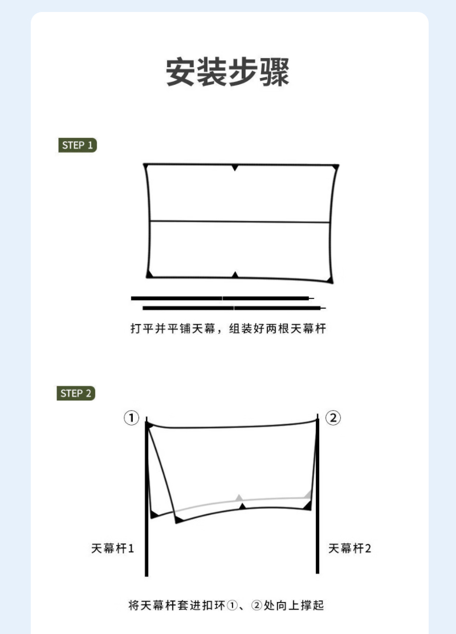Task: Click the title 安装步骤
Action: (227, 72)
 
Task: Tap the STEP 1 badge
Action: (78, 145)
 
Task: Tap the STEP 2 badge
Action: (76, 393)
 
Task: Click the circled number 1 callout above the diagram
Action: (131, 418)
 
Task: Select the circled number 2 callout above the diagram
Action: (333, 418)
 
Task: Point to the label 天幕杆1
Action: (112, 549)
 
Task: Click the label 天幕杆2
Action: (349, 549)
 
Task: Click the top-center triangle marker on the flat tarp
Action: (235, 167)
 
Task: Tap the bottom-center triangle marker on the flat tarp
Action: (235, 275)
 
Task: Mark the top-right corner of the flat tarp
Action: (338, 165)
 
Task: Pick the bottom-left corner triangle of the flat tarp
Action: (149, 274)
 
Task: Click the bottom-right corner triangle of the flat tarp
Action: (330, 279)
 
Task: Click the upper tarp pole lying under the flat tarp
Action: (222, 298)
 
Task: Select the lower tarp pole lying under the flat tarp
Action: (234, 308)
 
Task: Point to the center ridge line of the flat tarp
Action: (239, 222)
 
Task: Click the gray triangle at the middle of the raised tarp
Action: (239, 498)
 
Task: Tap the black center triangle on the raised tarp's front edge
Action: (242, 506)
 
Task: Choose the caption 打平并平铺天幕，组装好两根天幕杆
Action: (228, 328)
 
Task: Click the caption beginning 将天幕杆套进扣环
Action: (226, 606)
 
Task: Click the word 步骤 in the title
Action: (259, 72)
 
